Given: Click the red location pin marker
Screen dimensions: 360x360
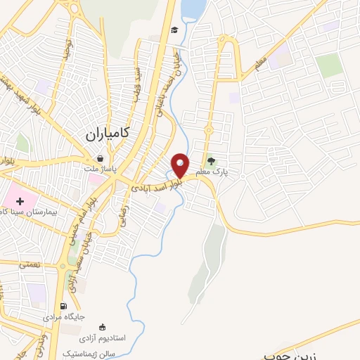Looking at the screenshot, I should point(181,165).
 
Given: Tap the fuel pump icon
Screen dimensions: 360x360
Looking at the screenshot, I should point(64,306).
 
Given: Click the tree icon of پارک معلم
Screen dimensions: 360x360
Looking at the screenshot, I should point(212,161).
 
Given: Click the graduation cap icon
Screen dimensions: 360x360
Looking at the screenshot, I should point(173,30).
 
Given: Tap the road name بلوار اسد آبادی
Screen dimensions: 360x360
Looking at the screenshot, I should point(155,185).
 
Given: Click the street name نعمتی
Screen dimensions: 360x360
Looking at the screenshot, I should point(30,264).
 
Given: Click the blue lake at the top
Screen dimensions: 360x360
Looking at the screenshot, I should point(190,11).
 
